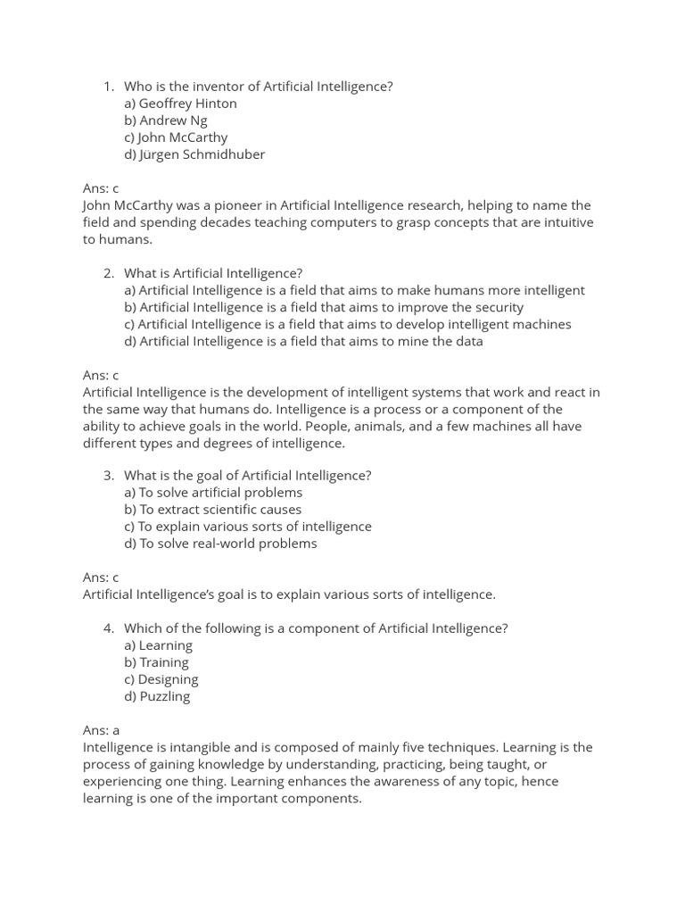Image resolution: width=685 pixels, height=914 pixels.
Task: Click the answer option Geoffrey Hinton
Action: click(x=180, y=104)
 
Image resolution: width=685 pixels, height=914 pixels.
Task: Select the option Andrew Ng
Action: click(x=166, y=120)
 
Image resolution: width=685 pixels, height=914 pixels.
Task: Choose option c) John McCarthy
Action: click(x=176, y=137)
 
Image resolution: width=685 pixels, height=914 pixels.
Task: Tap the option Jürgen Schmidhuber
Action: click(x=194, y=154)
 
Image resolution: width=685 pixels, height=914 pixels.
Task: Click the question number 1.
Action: click(x=109, y=87)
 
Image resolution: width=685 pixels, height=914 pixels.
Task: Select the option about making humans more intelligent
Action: click(x=354, y=290)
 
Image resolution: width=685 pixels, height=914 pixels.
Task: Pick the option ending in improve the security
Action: click(x=324, y=307)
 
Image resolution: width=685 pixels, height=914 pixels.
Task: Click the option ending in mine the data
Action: click(x=303, y=341)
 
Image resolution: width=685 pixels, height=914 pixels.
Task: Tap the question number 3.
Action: click(x=109, y=476)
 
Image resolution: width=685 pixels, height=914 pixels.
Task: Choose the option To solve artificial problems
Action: click(x=213, y=493)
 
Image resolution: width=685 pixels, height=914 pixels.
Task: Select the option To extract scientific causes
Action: click(x=212, y=510)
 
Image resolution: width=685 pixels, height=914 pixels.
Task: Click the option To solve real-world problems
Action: click(x=220, y=544)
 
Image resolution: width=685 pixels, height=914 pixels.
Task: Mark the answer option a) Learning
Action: click(x=158, y=645)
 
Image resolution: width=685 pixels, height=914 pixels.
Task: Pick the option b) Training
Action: click(x=156, y=662)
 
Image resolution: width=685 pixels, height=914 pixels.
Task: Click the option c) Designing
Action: click(x=161, y=679)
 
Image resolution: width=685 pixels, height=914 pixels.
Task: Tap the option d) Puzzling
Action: click(x=157, y=696)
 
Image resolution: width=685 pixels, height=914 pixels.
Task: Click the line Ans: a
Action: click(x=101, y=730)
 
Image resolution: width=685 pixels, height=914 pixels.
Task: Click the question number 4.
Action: click(x=109, y=628)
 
